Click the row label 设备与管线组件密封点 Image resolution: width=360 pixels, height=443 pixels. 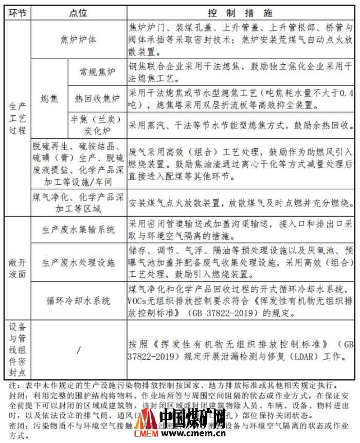17,350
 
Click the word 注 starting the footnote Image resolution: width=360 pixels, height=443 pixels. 12,385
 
